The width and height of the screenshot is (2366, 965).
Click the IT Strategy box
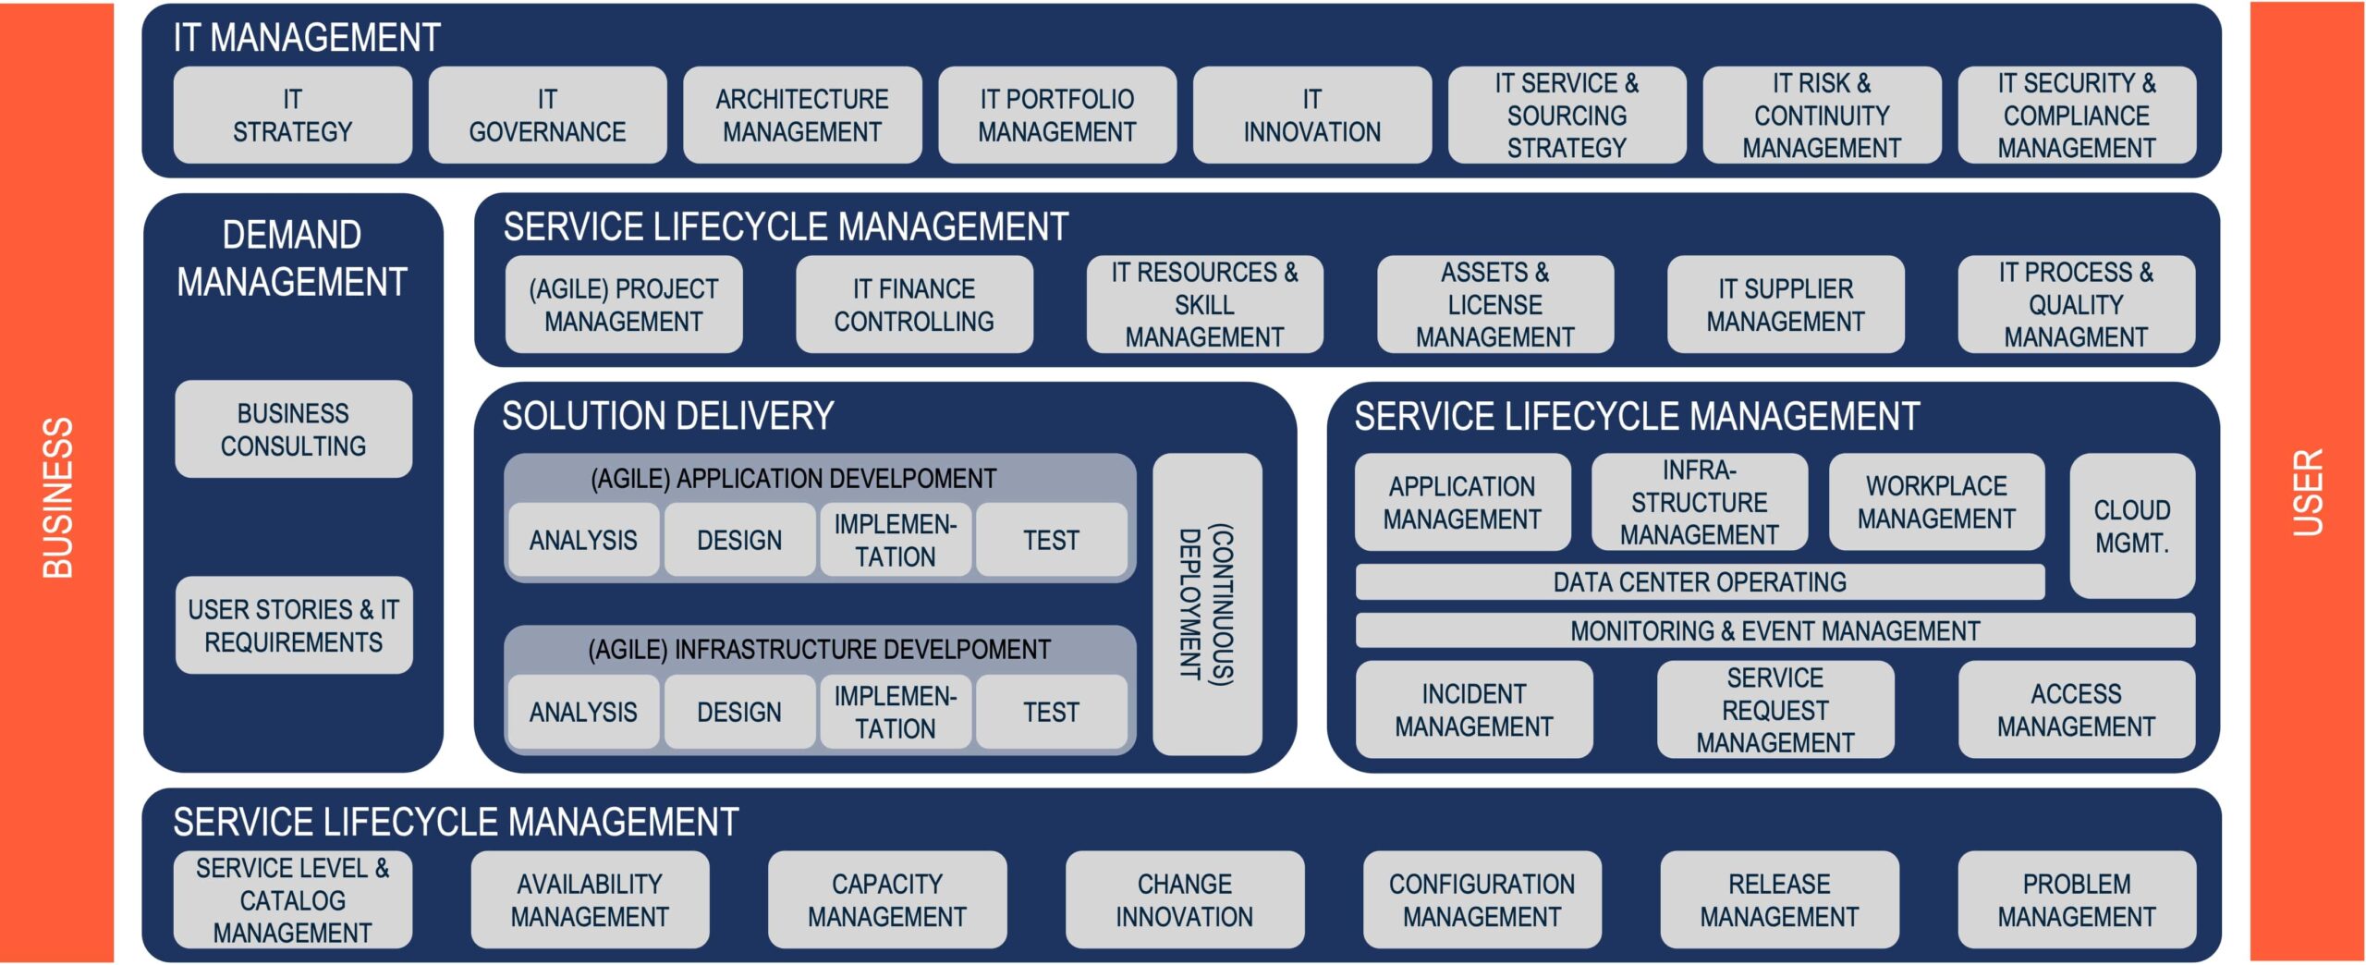pyautogui.click(x=292, y=116)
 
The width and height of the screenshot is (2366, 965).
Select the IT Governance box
pyautogui.click(x=547, y=116)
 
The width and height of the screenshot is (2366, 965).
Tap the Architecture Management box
pyautogui.click(x=802, y=116)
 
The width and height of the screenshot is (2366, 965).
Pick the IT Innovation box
pyautogui.click(x=1311, y=116)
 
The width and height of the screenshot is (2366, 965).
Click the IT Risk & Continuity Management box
pyautogui.click(x=1822, y=116)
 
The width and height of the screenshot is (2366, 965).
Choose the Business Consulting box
pyautogui.click(x=293, y=429)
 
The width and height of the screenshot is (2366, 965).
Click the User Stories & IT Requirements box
pyautogui.click(x=293, y=626)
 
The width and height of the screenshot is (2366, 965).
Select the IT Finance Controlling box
pyautogui.click(x=914, y=305)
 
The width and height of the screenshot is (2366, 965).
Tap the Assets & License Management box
pyautogui.click(x=1494, y=305)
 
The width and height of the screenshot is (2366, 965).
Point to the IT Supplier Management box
pyautogui.click(x=1786, y=305)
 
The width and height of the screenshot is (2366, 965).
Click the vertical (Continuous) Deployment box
pyautogui.click(x=1207, y=605)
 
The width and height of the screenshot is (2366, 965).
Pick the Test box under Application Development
pyautogui.click(x=1051, y=540)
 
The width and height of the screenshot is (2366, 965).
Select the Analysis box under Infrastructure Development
pyautogui.click(x=583, y=712)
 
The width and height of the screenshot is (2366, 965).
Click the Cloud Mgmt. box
pyautogui.click(x=2131, y=526)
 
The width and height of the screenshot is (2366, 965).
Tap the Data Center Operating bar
pyautogui.click(x=1699, y=582)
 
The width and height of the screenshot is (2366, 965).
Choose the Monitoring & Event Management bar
pyautogui.click(x=1774, y=631)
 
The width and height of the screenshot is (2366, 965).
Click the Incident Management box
pyautogui.click(x=1473, y=710)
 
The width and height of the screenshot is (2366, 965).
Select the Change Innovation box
pyautogui.click(x=1184, y=900)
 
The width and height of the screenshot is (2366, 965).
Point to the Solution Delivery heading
pyautogui.click(x=667, y=417)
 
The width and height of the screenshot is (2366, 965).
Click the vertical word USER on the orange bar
pyautogui.click(x=2307, y=492)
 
